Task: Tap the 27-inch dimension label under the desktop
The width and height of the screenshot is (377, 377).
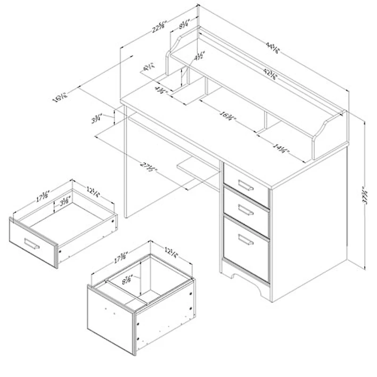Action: pos(148,167)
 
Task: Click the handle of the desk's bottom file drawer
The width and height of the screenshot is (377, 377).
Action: pos(246,241)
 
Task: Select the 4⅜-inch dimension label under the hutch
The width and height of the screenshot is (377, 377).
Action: pos(160,88)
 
